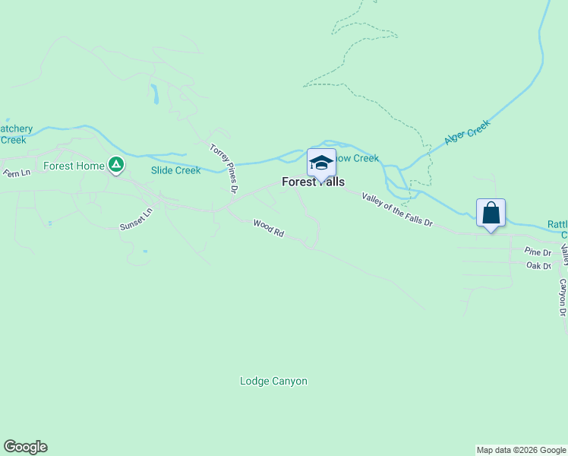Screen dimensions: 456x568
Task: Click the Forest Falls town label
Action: pos(313,182)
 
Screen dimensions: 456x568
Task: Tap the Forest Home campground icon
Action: pos(115,163)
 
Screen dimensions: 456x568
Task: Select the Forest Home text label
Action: pos(74,166)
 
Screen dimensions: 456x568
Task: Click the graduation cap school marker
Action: pos(321,163)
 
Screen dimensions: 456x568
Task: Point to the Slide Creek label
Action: pos(175,170)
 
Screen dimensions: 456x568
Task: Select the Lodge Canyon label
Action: pos(273,382)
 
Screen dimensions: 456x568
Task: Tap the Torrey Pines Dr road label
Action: pos(224,167)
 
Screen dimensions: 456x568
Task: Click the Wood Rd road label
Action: pos(268,229)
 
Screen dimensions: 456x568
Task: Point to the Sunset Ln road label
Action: pos(137,220)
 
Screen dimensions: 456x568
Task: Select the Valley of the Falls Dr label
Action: pos(397,211)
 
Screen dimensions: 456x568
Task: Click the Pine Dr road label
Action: pos(538,252)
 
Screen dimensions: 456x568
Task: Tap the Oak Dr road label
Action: pos(538,265)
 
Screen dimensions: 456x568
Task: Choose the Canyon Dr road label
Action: pos(563,297)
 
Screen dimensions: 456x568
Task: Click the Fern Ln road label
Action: pos(16,173)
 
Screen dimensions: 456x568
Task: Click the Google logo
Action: pos(25,447)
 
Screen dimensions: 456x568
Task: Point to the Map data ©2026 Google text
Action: pos(520,450)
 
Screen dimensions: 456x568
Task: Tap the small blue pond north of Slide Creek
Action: pos(154,94)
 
